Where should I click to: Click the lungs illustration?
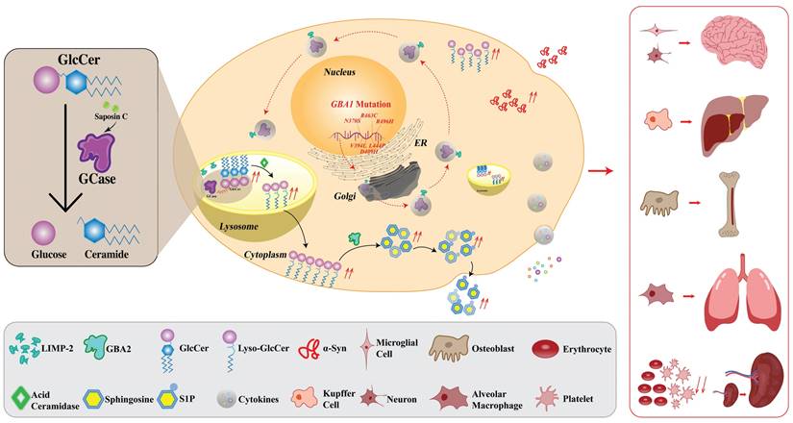tap(738, 286)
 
